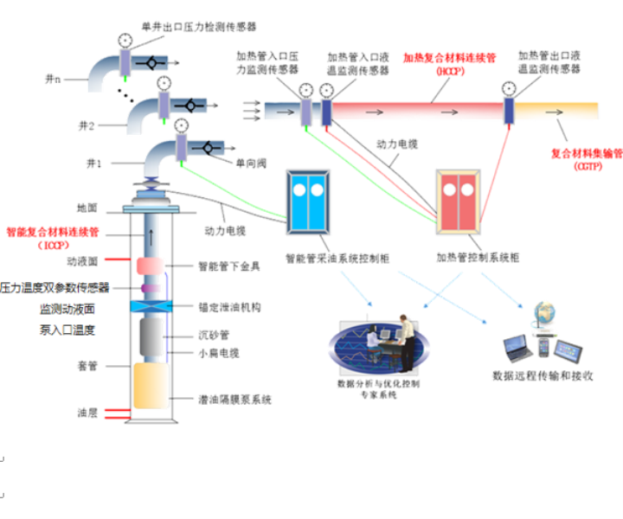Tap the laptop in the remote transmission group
coord(517,348)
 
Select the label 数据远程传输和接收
coord(543,376)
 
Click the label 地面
coord(87,208)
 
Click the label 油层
coord(86,413)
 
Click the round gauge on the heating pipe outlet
coord(511,88)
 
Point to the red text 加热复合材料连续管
coord(449,59)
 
